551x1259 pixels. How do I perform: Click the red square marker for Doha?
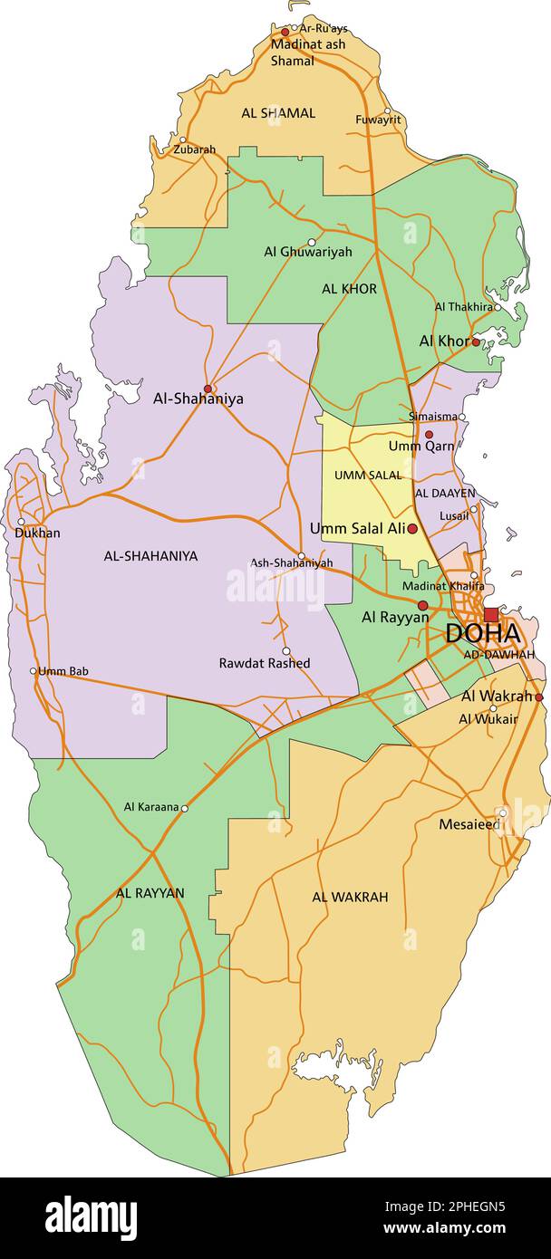[x=490, y=614]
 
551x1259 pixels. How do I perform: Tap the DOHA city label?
[x=482, y=634]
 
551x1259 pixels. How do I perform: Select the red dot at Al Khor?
[x=476, y=341]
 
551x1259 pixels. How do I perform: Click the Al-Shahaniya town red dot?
[x=208, y=389]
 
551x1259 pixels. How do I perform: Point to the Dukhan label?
[x=37, y=533]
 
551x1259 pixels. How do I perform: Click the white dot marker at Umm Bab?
[x=34, y=671]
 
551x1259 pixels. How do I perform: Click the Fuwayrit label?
[x=378, y=120]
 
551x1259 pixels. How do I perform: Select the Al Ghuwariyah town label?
[x=308, y=253]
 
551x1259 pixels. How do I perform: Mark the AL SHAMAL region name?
[x=278, y=113]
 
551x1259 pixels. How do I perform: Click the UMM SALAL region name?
[x=368, y=476]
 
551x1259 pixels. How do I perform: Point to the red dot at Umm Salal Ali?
[x=412, y=528]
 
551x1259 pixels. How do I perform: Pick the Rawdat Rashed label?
[x=265, y=663]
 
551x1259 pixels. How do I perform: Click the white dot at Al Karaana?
[x=185, y=808]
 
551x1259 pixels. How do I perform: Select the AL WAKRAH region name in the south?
[x=350, y=897]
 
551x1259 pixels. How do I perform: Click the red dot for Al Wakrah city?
[x=539, y=697]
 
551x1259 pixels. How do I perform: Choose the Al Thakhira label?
[x=463, y=307]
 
